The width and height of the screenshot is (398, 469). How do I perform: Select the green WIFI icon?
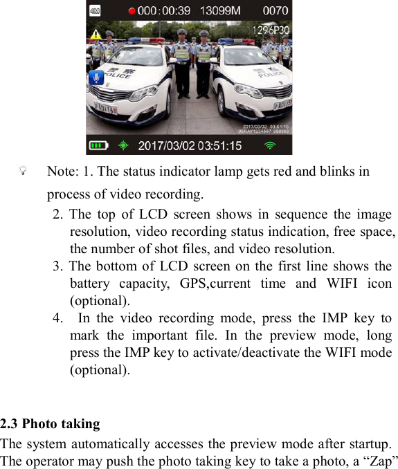click(270, 146)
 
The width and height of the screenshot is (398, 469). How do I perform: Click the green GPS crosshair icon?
click(123, 146)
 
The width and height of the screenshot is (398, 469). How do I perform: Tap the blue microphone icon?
click(97, 77)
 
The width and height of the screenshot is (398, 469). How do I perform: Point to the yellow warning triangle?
click(96, 33)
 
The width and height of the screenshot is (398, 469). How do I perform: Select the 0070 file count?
click(275, 10)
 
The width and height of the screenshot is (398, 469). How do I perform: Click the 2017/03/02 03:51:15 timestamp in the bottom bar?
click(190, 146)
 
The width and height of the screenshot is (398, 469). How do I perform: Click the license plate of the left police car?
click(105, 109)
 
